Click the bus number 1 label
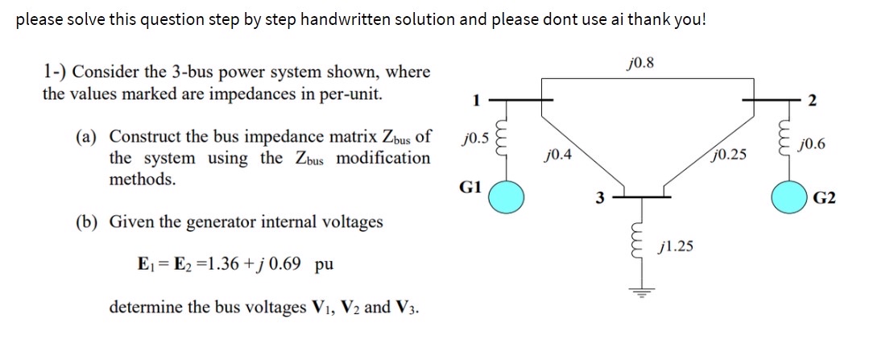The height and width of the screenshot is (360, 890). [x=474, y=101]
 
